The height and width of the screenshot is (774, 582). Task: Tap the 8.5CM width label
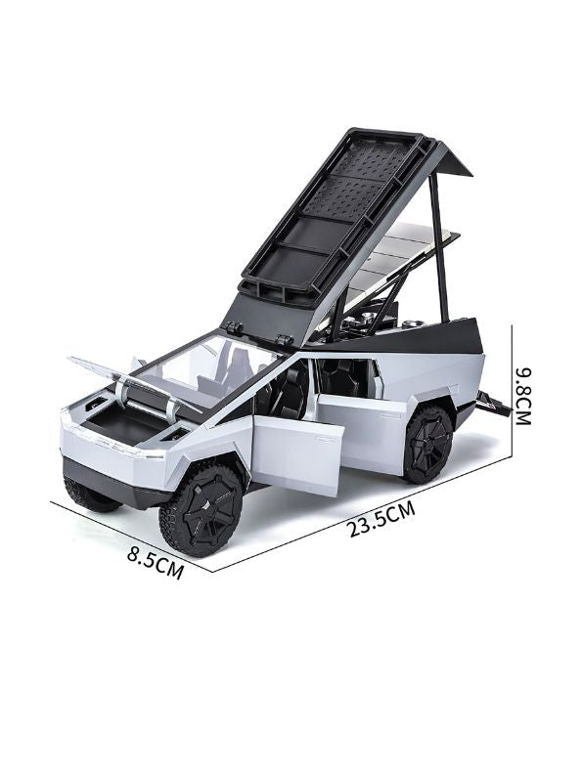tap(156, 562)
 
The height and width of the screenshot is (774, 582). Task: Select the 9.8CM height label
tap(522, 396)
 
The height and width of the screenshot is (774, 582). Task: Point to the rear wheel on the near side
tap(427, 445)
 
